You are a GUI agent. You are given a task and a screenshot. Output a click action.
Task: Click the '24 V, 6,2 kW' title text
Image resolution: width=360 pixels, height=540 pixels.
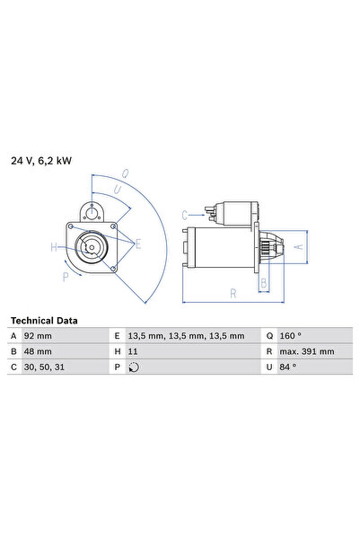(x=41, y=161)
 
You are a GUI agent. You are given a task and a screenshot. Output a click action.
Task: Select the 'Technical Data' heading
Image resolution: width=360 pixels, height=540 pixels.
(x=44, y=320)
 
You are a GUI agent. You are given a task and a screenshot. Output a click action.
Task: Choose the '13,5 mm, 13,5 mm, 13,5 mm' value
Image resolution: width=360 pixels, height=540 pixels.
(x=186, y=335)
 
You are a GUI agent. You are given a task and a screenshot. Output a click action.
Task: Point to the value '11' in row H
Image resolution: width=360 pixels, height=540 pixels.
(x=133, y=351)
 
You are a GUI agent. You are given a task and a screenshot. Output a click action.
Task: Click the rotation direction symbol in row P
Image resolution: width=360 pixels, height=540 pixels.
(x=134, y=367)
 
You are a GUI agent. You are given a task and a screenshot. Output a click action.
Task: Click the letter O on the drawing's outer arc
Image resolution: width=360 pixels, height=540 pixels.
(x=125, y=173)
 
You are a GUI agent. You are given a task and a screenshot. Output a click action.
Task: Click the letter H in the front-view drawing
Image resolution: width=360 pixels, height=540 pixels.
(x=53, y=247)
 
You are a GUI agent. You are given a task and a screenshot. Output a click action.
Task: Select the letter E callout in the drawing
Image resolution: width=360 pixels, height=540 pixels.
(x=137, y=243)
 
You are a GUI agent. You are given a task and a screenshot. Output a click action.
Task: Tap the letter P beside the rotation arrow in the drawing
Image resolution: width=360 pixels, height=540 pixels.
(x=66, y=277)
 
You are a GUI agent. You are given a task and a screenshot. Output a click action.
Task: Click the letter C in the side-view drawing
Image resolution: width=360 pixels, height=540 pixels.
(x=185, y=215)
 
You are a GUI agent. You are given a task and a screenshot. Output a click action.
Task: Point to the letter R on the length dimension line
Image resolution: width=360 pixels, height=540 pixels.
(x=233, y=293)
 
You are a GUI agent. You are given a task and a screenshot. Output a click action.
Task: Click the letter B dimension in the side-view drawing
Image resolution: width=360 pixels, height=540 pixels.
(x=263, y=283)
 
